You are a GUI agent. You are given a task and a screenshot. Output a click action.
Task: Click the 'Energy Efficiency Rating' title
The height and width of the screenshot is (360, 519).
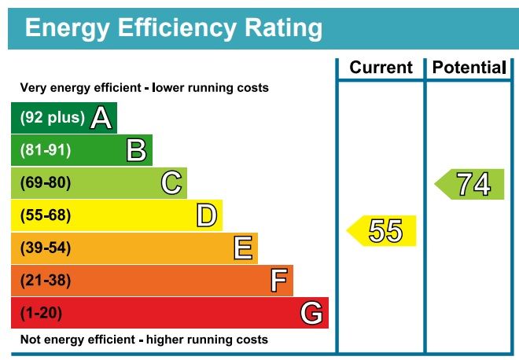click(x=173, y=29)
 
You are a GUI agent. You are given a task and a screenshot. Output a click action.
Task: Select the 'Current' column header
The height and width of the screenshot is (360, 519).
click(x=381, y=68)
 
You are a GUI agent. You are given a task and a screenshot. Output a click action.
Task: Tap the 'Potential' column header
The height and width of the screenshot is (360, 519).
click(x=469, y=68)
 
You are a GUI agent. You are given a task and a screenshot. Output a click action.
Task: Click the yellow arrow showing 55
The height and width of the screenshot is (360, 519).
click(x=383, y=231)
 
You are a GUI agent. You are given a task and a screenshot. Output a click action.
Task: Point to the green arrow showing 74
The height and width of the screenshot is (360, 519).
click(x=471, y=184)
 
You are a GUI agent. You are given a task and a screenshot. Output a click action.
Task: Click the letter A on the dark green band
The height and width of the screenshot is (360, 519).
click(x=101, y=118)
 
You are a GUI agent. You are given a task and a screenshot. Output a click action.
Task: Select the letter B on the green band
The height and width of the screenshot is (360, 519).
click(x=137, y=150)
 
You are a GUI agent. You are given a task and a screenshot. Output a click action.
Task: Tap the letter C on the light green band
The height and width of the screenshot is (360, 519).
click(x=171, y=183)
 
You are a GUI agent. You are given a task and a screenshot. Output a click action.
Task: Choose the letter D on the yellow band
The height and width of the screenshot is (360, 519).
click(x=207, y=215)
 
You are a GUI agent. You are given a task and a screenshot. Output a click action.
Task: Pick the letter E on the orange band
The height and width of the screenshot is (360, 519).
click(x=243, y=248)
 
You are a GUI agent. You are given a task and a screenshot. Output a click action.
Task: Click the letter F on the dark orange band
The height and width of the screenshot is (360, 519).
click(x=278, y=281)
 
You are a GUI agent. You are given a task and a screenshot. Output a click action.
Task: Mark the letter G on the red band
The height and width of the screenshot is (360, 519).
click(x=311, y=314)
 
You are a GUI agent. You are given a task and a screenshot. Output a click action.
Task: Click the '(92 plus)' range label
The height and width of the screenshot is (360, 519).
click(x=52, y=118)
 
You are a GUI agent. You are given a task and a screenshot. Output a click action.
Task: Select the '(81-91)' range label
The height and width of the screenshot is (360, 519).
click(x=46, y=150)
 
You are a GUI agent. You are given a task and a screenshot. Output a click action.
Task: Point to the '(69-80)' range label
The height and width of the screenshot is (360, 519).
click(x=46, y=183)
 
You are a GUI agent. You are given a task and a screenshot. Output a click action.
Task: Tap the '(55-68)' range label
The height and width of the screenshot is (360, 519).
click(x=46, y=215)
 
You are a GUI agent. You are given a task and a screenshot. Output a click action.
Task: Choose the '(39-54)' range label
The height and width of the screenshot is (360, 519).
click(x=46, y=248)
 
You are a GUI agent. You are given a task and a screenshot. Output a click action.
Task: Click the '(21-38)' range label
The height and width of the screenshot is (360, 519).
click(x=46, y=281)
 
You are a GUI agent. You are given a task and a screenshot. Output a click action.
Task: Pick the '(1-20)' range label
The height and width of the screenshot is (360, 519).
click(x=41, y=314)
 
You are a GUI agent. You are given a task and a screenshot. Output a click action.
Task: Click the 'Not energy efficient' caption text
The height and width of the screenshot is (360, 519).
click(x=144, y=340)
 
